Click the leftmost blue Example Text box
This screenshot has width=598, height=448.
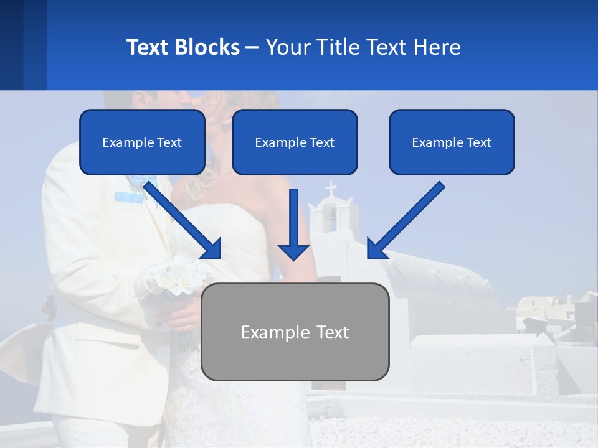(x=142, y=142)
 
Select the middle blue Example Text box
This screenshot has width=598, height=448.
(x=295, y=142)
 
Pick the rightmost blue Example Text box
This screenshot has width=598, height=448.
(x=452, y=142)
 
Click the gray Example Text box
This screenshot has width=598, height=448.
(x=295, y=332)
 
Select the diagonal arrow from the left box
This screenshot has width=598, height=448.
(x=184, y=220)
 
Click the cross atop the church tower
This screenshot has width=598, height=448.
(x=331, y=188)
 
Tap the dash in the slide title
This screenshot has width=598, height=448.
(x=252, y=47)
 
